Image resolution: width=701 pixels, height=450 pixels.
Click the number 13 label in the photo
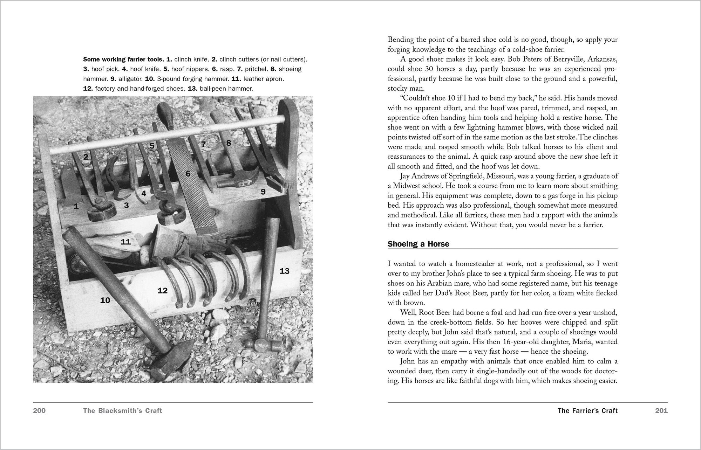tap(284, 271)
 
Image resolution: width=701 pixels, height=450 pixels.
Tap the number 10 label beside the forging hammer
tap(105, 300)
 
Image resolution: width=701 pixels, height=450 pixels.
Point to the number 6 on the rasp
tap(188, 173)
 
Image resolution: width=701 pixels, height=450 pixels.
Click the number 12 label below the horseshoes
tap(162, 290)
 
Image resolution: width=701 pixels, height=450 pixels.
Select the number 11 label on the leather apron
tap(125, 242)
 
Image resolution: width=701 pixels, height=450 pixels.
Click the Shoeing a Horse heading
tap(418, 244)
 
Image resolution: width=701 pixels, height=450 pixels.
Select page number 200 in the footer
tap(39, 411)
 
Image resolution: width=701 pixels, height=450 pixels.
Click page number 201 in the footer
tap(661, 411)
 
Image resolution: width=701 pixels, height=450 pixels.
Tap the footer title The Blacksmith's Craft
tap(122, 411)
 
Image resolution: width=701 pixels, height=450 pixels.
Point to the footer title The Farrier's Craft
tap(587, 411)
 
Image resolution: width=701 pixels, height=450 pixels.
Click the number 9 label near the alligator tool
tap(263, 192)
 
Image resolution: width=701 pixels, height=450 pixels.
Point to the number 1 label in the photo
tap(76, 207)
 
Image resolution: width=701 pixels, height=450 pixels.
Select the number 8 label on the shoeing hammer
tap(229, 143)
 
